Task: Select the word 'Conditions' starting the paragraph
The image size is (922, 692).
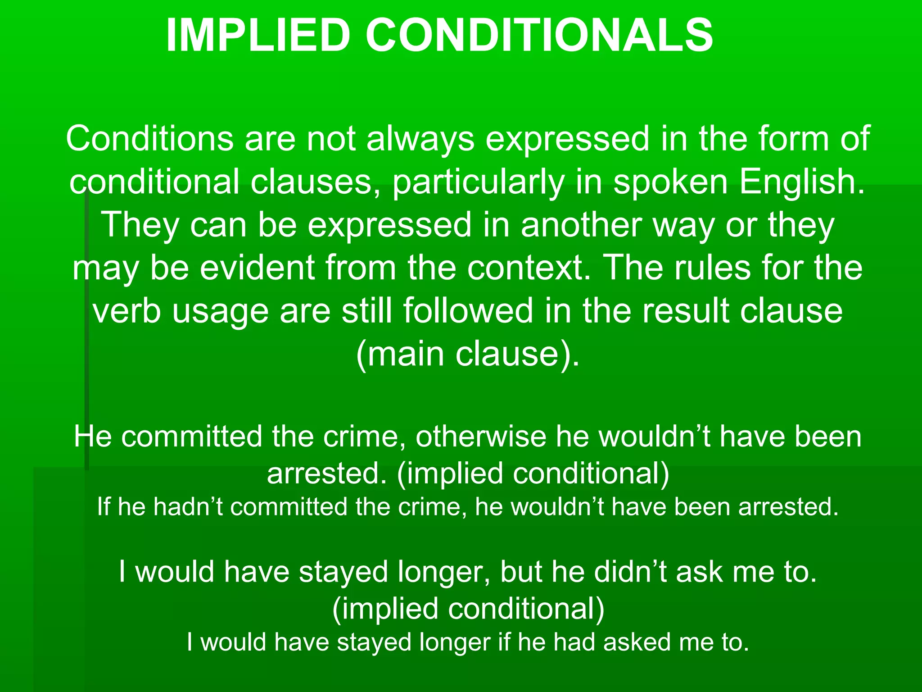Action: (149, 139)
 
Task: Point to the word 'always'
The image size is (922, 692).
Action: (420, 139)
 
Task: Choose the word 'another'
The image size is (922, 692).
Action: (581, 225)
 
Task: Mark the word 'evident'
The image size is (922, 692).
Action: (257, 268)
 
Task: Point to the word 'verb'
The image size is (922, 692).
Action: (127, 311)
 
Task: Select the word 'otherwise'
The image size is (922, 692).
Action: (480, 437)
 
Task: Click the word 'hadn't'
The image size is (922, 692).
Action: (188, 507)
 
